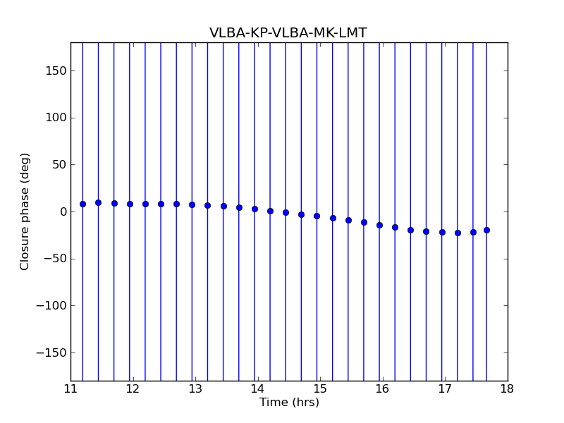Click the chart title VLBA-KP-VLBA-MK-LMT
288,33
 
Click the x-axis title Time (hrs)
289,403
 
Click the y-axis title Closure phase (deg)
25,211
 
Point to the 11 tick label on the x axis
70,389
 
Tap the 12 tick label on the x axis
133,389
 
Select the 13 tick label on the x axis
195,389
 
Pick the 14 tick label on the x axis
257,389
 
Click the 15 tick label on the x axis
320,389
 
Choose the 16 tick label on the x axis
382,389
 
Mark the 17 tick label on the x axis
445,389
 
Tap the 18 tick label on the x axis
507,389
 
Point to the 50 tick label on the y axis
59,165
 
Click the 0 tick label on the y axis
63,212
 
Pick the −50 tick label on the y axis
56,259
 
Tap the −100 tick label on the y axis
53,306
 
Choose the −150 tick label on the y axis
53,353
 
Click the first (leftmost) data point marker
82,204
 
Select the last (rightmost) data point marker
486,230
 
